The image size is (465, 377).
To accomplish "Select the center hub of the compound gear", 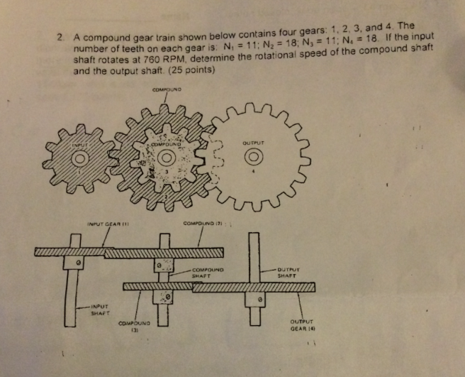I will point(168,157).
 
